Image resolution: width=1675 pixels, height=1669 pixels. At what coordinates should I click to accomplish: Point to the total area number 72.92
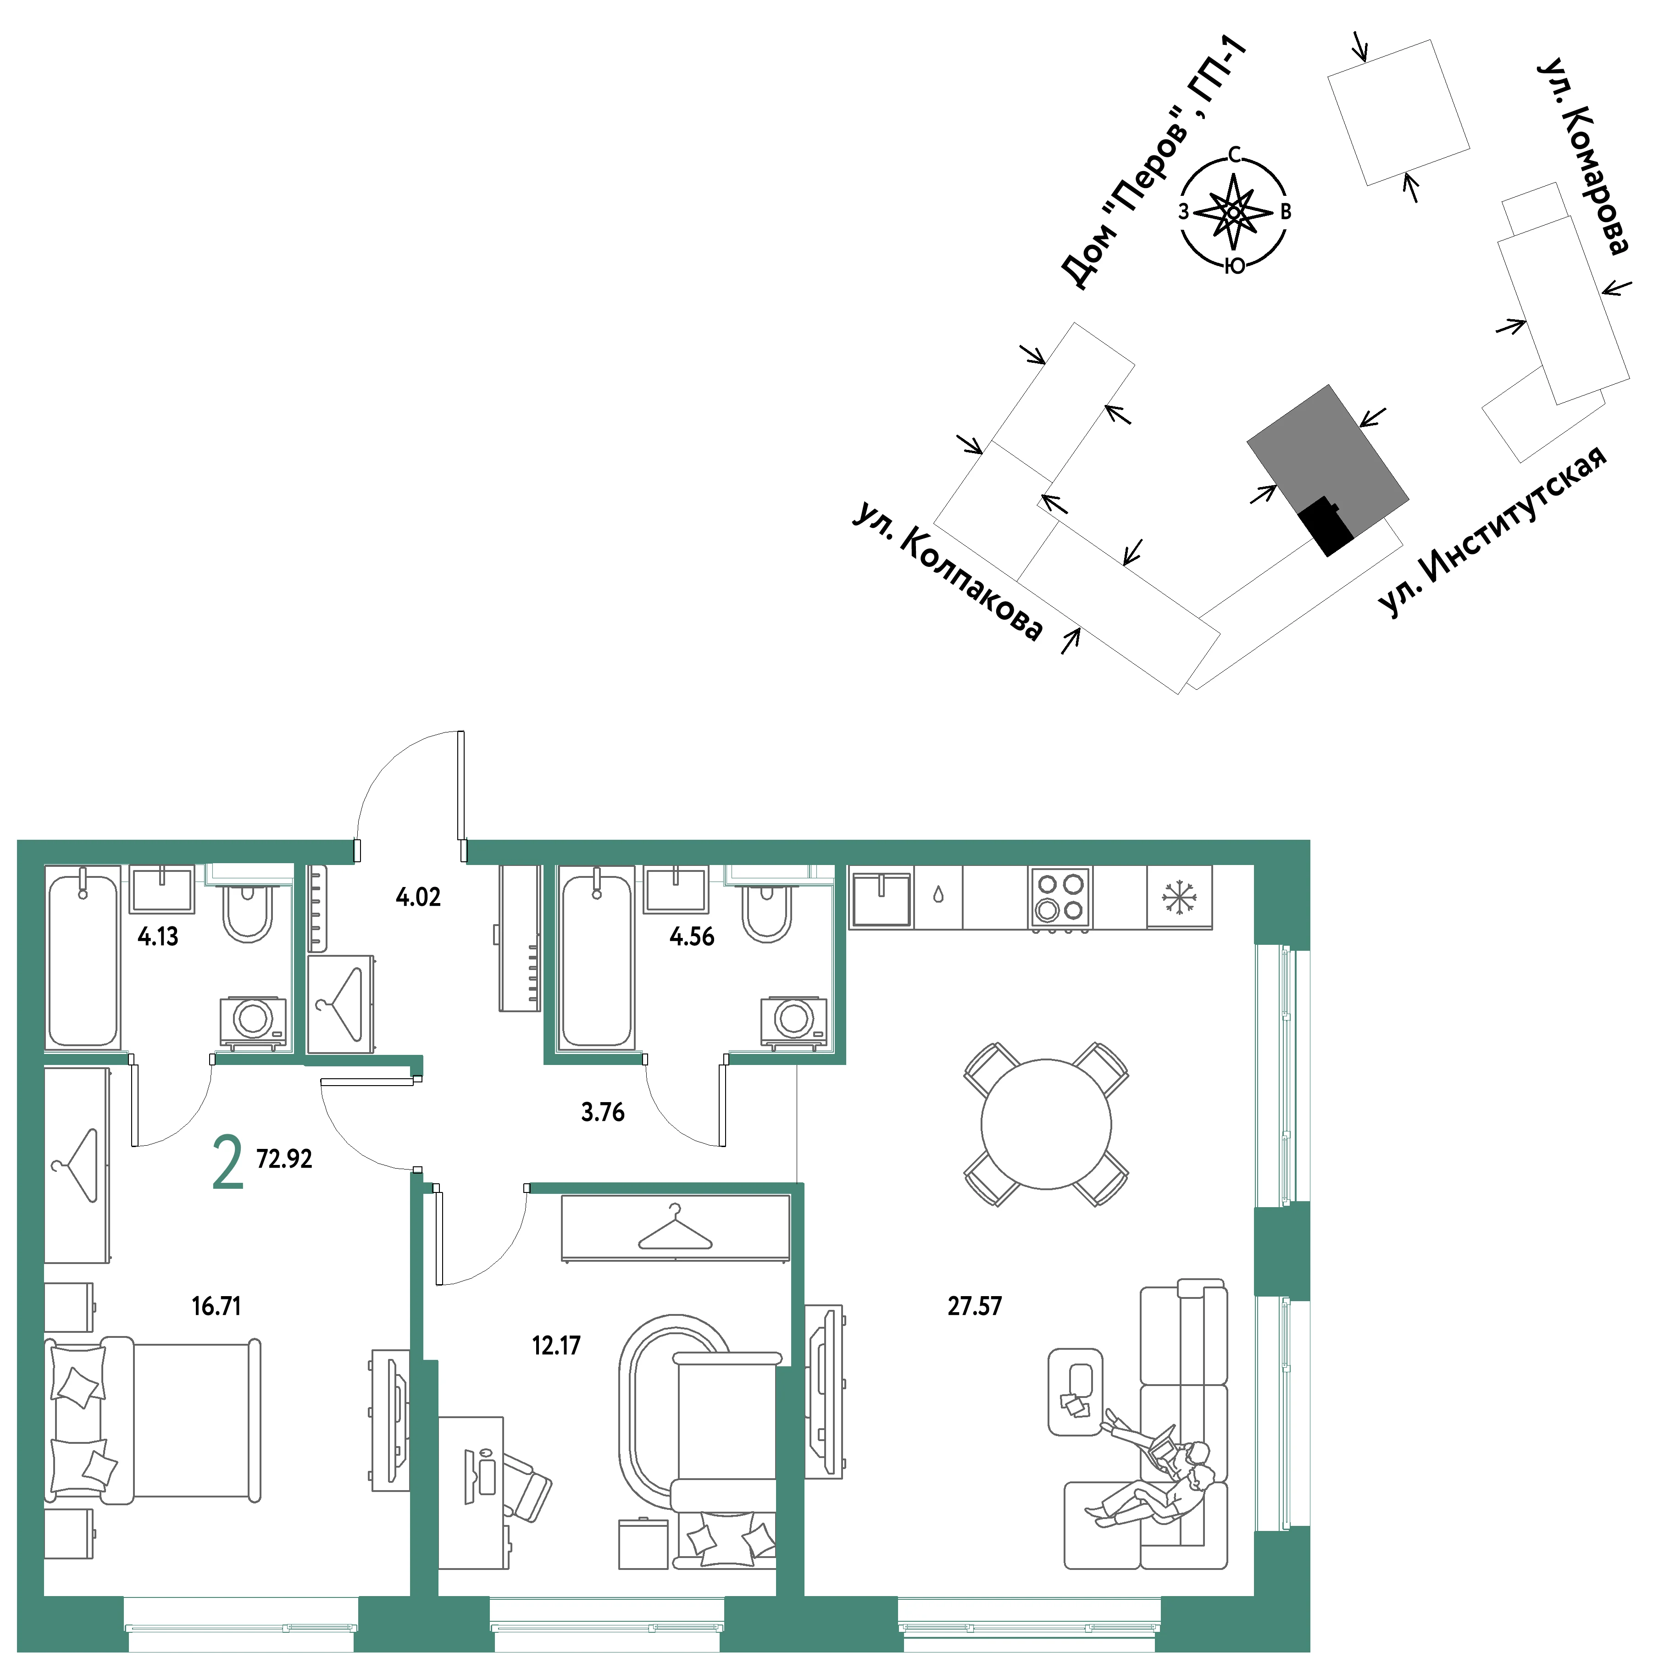(284, 1159)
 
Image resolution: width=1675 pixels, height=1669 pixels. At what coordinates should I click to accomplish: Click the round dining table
(1047, 1125)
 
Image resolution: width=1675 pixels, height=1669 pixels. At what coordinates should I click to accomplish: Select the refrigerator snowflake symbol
(1179, 898)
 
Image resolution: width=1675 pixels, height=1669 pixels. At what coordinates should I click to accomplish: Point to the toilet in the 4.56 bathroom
(767, 910)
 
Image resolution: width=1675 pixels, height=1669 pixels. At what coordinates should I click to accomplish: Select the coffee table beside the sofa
(1075, 1392)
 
